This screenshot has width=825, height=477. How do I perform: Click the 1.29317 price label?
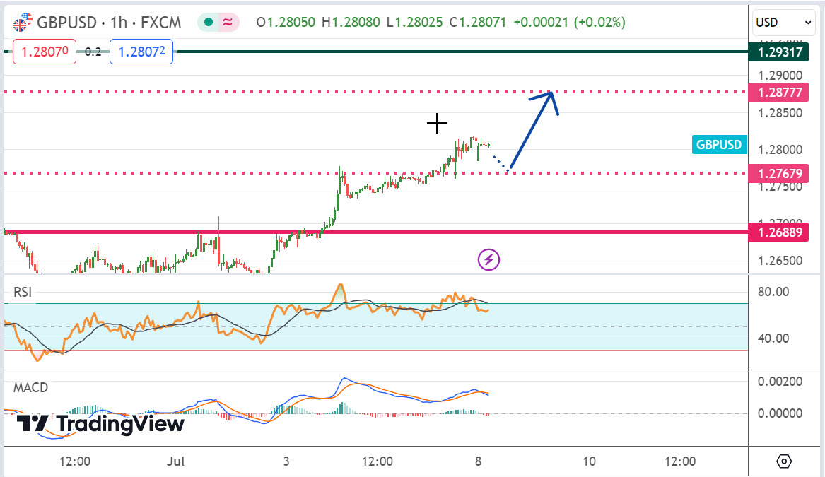click(780, 52)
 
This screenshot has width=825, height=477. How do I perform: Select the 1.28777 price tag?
click(780, 92)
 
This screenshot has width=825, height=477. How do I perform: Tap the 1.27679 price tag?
click(780, 173)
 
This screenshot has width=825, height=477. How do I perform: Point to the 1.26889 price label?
click(780, 231)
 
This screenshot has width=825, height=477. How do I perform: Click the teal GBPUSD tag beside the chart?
click(719, 145)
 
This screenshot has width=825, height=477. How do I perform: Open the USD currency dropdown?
click(784, 23)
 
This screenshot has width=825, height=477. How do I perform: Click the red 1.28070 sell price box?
click(45, 52)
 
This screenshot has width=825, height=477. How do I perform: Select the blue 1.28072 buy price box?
click(141, 52)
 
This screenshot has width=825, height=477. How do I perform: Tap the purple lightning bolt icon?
click(489, 259)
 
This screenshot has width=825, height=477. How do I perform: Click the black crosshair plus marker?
click(437, 124)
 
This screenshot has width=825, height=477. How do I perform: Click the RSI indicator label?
click(23, 292)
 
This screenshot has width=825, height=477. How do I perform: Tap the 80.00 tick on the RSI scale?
click(773, 291)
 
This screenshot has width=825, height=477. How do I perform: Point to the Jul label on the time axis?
click(175, 461)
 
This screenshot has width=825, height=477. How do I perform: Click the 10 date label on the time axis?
click(589, 461)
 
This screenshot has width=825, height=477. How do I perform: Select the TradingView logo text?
click(119, 424)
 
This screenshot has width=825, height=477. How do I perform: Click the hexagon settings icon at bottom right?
click(784, 461)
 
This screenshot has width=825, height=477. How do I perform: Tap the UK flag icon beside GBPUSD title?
click(22, 23)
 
